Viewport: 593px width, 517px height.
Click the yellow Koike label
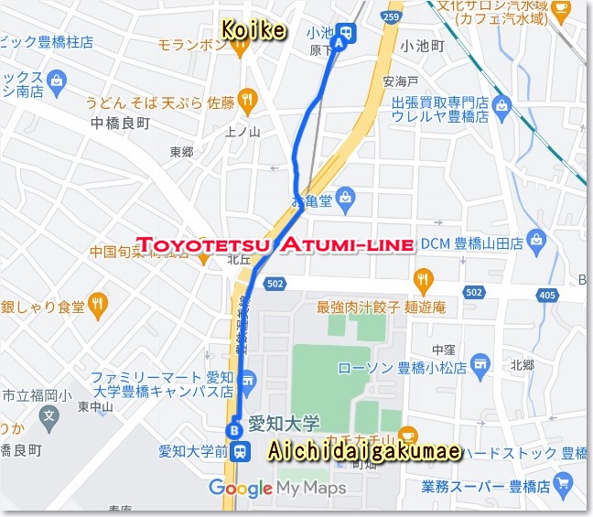[x=253, y=31]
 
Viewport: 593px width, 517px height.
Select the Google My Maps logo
[x=277, y=488]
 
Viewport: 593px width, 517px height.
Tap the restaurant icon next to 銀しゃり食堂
[x=98, y=303]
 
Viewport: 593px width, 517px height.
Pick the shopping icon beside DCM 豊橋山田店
[x=537, y=242]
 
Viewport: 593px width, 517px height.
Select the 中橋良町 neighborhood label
[x=121, y=123]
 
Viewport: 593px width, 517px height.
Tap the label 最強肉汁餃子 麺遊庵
[x=381, y=308]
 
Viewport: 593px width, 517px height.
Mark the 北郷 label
[x=522, y=364]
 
